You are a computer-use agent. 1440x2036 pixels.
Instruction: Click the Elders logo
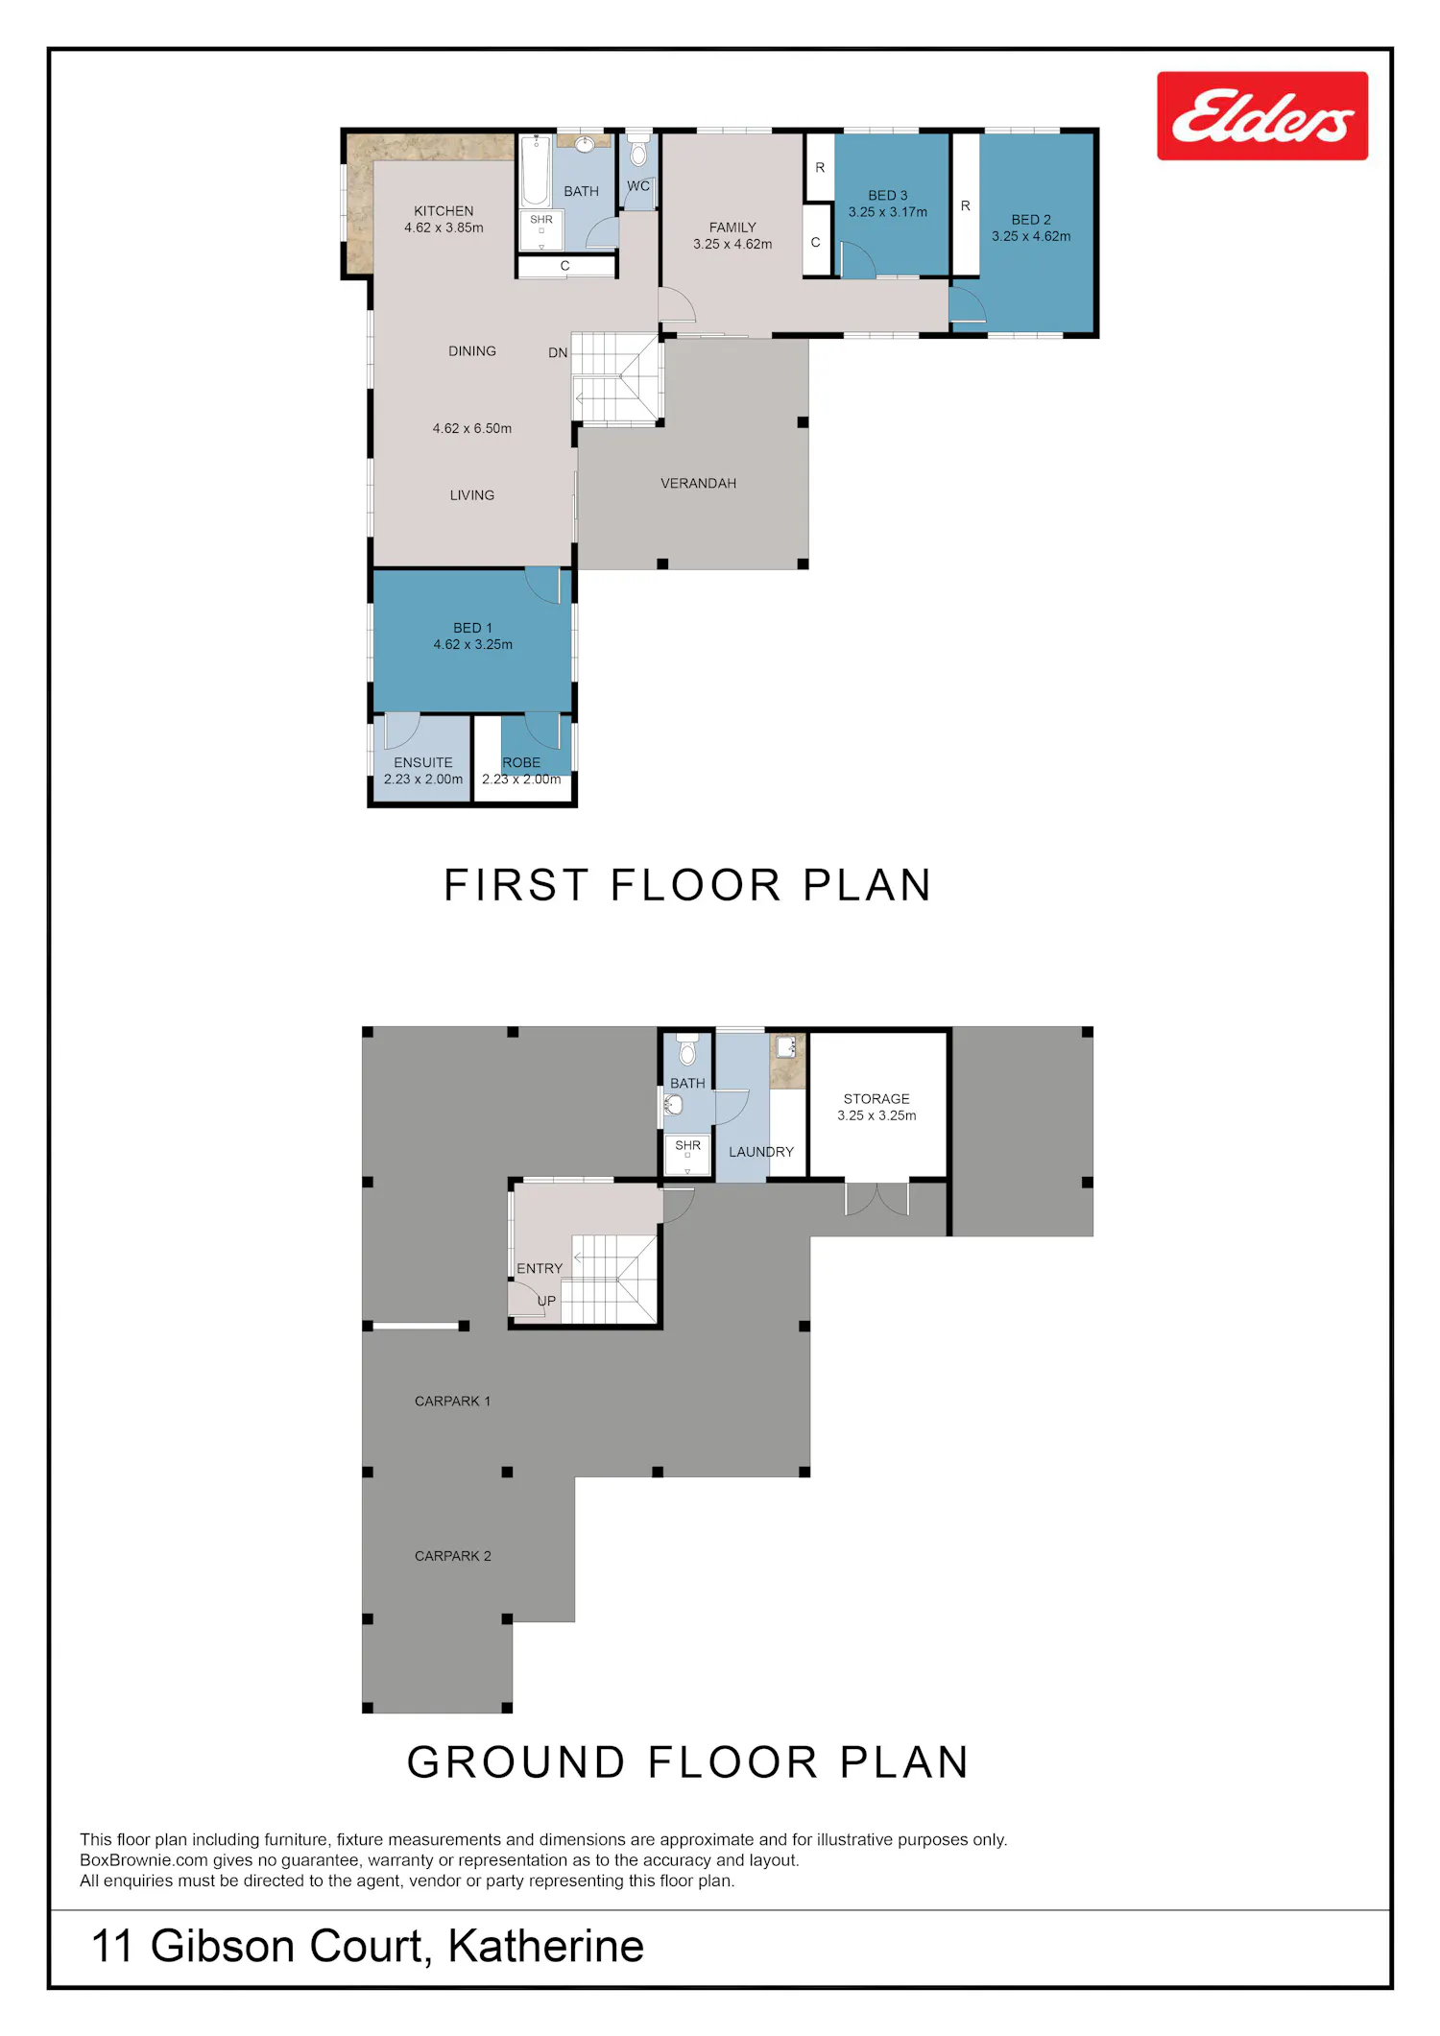coord(1262,115)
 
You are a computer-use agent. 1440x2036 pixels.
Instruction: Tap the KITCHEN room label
coord(444,211)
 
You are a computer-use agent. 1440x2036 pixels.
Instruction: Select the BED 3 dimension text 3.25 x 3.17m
coord(888,212)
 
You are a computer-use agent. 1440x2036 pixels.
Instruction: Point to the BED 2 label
coord(1031,220)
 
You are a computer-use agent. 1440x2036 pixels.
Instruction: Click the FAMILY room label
coord(732,228)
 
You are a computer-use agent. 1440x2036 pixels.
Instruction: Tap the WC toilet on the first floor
coord(638,151)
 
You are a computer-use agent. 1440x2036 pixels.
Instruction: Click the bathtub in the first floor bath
coord(536,170)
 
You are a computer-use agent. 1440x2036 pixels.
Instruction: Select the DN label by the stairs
coord(558,353)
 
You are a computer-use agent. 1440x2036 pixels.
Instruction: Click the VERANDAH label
coord(698,484)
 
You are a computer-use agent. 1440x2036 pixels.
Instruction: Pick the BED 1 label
coord(472,628)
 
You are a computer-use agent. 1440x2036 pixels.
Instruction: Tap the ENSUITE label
coord(423,763)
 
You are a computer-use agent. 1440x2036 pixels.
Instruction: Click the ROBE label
coord(521,763)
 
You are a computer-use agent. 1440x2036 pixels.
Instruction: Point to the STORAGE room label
coord(876,1099)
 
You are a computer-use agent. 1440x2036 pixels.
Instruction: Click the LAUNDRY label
coord(761,1152)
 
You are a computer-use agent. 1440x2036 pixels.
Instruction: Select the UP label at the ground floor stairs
coord(546,1302)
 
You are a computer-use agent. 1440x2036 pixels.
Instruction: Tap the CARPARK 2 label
coord(453,1556)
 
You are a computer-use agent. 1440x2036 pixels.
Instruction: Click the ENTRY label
coord(540,1269)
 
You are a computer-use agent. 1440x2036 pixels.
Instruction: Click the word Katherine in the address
coord(545,1946)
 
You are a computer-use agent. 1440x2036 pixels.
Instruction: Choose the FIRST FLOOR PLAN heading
coord(687,885)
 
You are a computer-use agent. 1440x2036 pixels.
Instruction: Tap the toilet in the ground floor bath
coord(687,1050)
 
